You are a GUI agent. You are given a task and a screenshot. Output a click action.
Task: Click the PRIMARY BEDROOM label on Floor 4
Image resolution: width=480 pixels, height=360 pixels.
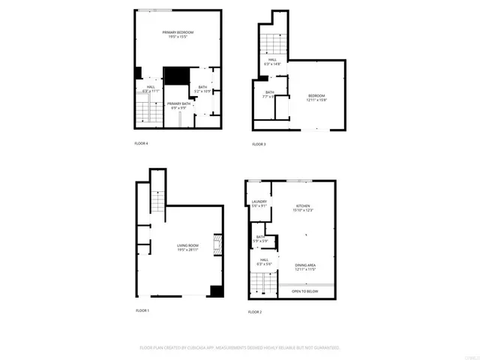coord(178,34)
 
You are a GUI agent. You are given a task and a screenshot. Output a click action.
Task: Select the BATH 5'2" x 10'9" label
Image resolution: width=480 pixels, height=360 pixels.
coord(202,89)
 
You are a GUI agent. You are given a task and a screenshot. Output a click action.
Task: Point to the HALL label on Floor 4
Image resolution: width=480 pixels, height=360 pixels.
coord(151,89)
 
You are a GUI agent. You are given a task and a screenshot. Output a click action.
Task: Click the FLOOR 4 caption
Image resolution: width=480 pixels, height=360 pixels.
coord(141,143)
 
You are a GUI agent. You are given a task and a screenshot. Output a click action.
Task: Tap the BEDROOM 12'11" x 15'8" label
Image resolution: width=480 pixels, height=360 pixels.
coord(316,97)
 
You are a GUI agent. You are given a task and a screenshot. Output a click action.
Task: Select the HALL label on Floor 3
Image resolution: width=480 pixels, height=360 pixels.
coord(272,62)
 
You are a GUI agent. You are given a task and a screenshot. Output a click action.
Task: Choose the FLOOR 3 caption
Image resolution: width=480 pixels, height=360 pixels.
coord(259,144)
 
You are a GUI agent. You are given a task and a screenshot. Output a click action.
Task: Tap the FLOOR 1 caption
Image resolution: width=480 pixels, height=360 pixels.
coord(142,310)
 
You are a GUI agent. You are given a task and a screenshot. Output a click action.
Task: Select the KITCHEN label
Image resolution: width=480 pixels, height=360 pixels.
coord(303,208)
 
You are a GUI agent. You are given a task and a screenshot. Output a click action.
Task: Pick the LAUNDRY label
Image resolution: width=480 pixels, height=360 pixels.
coord(259,203)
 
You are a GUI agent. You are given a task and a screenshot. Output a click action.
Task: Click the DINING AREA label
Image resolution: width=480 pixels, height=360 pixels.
coord(304,266)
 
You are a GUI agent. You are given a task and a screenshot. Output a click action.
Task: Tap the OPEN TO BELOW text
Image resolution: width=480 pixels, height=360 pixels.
coord(304,291)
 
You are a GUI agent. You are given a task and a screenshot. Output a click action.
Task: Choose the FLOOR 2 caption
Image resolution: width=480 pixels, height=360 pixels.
coord(255,311)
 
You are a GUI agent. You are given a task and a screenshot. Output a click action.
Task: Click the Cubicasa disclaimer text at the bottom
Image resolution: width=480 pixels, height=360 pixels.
coord(240,348)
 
